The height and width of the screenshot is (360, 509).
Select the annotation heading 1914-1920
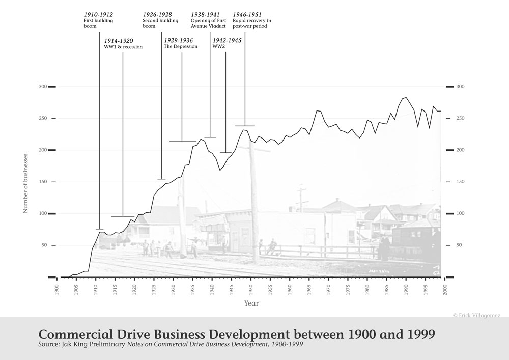119,40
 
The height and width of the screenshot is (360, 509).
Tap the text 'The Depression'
180,47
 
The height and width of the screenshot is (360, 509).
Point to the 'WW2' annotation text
218,47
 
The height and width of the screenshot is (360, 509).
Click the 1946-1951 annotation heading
247,14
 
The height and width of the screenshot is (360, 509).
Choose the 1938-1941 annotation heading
205,14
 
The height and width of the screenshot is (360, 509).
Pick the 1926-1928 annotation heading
157,14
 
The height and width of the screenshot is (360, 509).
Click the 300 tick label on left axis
42,87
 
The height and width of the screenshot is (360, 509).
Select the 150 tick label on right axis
460,182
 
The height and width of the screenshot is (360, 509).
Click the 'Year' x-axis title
251,303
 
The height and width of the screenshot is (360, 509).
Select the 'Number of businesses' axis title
25,182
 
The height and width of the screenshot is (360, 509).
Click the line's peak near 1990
406,97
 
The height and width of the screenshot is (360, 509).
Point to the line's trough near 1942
220,170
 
